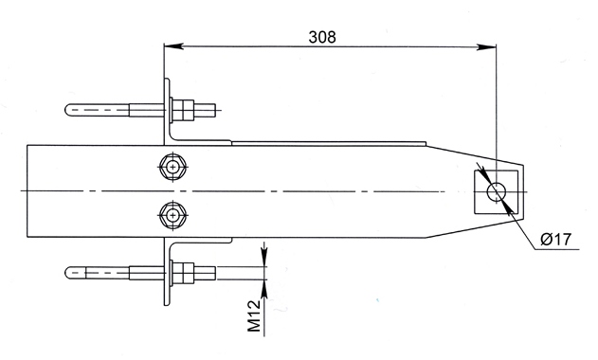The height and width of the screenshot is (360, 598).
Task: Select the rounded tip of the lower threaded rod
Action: pos(68,274)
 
